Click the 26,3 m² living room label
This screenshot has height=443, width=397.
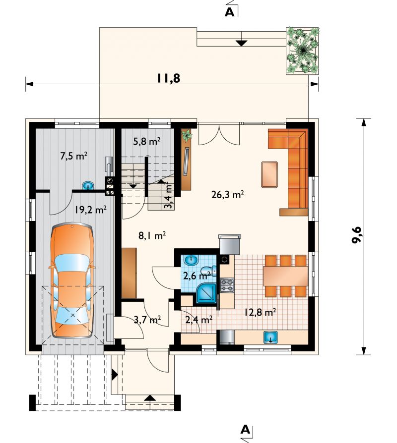228,195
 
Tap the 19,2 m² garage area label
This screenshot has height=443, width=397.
90,210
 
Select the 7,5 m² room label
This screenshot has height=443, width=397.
73,156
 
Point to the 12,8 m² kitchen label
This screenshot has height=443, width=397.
260,312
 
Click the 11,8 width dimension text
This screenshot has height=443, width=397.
168,78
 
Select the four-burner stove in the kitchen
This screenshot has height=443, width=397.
227,285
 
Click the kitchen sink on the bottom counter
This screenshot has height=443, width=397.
270,337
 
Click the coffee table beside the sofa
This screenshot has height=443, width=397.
269,174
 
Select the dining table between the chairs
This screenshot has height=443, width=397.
285,276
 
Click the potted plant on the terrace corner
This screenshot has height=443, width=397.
303,51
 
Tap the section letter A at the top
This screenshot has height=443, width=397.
229,12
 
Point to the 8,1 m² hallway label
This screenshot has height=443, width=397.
152,235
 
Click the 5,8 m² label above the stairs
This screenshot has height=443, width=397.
147,141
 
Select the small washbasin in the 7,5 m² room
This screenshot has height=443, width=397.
88,186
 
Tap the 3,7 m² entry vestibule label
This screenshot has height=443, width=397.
147,320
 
